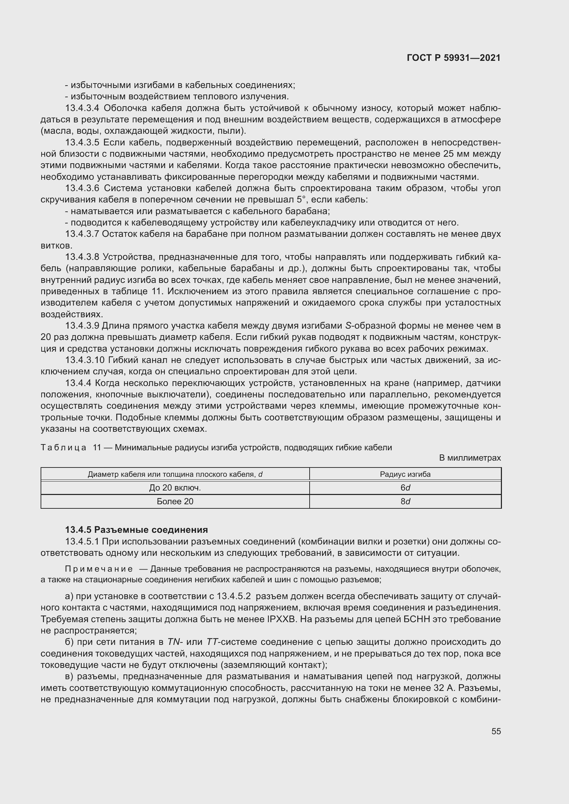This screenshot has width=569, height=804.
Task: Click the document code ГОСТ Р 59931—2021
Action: (454, 58)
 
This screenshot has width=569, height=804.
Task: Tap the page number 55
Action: (496, 731)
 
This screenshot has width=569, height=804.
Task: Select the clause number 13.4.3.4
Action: (82, 108)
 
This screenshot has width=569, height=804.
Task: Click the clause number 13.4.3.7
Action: (82, 234)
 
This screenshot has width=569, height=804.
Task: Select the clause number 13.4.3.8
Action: (82, 257)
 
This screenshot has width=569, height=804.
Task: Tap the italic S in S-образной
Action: (348, 326)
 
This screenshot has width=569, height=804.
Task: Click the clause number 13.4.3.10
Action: (85, 360)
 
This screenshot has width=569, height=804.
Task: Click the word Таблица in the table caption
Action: (63, 448)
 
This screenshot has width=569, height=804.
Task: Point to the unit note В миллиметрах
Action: (470, 458)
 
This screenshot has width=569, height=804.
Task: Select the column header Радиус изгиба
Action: (405, 474)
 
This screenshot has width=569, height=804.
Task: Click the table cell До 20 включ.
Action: (175, 488)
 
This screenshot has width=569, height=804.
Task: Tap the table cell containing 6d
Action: (405, 488)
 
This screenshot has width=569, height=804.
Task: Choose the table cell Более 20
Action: (175, 502)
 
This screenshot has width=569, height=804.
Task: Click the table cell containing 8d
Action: (405, 502)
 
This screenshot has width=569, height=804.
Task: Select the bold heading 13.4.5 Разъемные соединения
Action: (136, 529)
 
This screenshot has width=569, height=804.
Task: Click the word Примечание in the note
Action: (99, 569)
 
